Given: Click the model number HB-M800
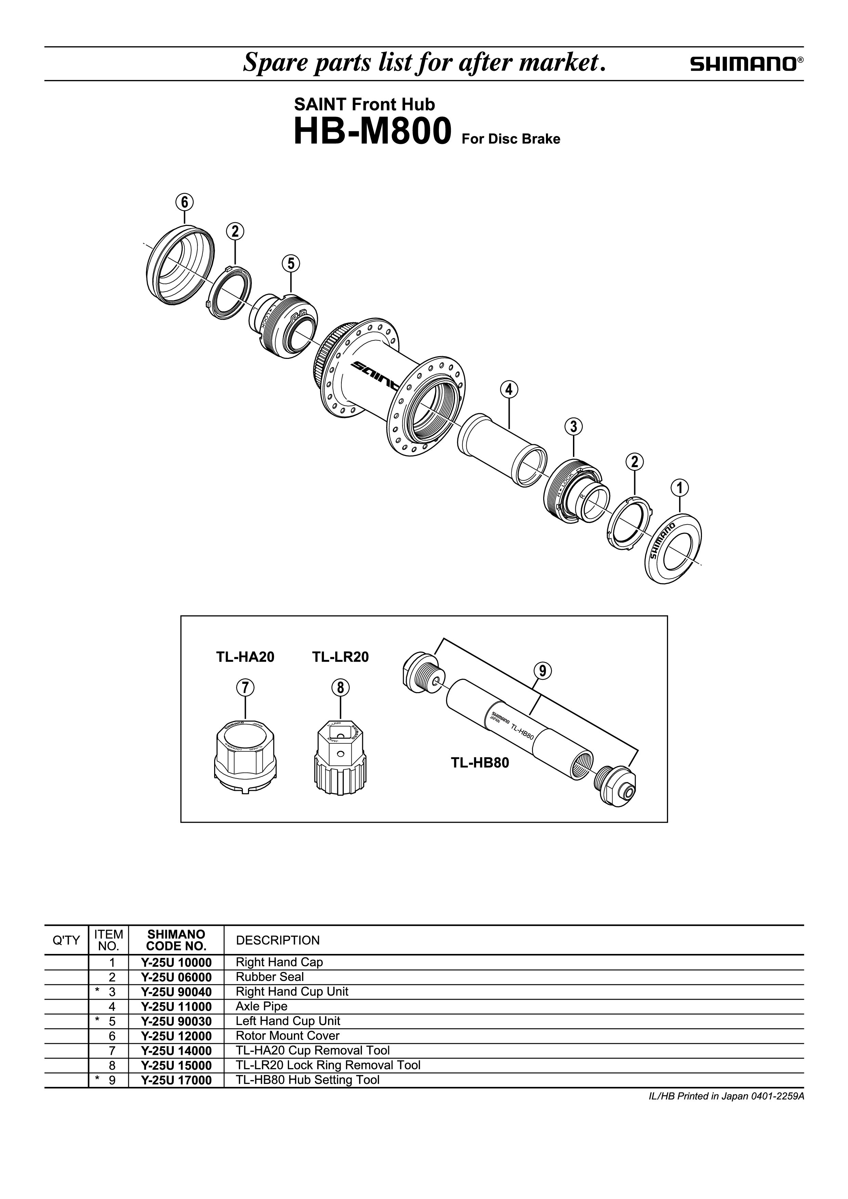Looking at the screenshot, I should [373, 132].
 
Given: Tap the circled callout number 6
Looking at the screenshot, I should [184, 202].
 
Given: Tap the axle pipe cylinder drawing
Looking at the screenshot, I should [501, 450].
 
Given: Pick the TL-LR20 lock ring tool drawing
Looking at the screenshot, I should [342, 755].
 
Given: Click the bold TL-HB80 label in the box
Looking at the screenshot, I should [480, 763].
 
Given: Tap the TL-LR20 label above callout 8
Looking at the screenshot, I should [340, 657].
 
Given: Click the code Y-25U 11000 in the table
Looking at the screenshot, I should [176, 1006].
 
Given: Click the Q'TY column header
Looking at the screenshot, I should [66, 941].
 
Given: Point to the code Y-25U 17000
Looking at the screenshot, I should [176, 1080].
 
